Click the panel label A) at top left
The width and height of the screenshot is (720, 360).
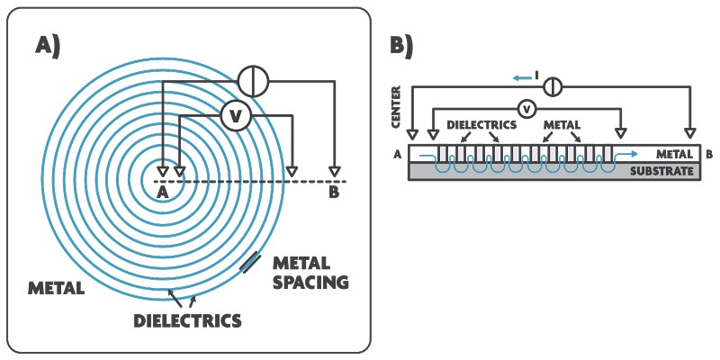click(48, 47)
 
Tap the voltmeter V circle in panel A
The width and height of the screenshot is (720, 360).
click(236, 116)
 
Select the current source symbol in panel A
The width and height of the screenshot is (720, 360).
click(253, 81)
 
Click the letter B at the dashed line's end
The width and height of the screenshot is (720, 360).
click(334, 193)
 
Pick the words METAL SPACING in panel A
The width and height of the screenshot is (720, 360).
click(310, 273)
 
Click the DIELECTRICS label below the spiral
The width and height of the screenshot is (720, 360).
click(187, 320)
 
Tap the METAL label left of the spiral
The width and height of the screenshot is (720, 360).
click(56, 288)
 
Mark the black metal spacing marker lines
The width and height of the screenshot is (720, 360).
click(251, 263)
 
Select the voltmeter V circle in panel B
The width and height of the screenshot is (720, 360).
click(527, 109)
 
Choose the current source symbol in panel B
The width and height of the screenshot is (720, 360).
click(553, 86)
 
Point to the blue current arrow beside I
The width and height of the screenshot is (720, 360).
click(519, 78)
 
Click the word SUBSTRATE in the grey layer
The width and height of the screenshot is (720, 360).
click(661, 172)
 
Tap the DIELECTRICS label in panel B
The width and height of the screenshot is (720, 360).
click(481, 124)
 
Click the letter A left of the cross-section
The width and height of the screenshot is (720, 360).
click(397, 155)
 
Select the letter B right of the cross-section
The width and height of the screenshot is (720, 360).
click(709, 155)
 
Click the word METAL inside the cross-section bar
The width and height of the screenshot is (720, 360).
click(674, 155)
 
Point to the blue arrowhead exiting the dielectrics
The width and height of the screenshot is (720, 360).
click(634, 154)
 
